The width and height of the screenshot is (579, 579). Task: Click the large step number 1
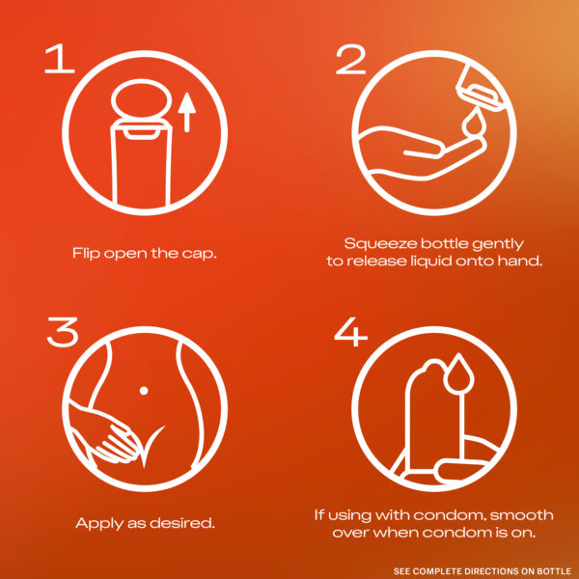tap(59, 59)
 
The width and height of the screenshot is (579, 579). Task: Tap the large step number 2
tap(350, 59)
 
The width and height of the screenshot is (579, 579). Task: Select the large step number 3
tap(63, 332)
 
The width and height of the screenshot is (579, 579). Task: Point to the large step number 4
tap(350, 332)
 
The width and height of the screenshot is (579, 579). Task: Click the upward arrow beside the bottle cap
tap(187, 112)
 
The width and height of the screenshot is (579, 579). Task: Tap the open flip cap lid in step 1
tap(142, 99)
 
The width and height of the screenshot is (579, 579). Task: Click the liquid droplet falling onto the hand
tap(473, 122)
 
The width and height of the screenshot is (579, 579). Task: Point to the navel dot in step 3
tap(144, 391)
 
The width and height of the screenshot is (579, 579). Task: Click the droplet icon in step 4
tap(458, 374)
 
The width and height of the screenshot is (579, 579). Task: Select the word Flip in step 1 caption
tap(87, 254)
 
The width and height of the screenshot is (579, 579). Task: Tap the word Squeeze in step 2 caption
tap(380, 244)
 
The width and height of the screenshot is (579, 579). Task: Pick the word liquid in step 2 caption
tap(431, 262)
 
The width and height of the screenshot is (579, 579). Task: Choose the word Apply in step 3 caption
tap(99, 524)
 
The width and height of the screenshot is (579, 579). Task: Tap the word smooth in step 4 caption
tap(522, 515)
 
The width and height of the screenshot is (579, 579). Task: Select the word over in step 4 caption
tap(350, 533)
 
